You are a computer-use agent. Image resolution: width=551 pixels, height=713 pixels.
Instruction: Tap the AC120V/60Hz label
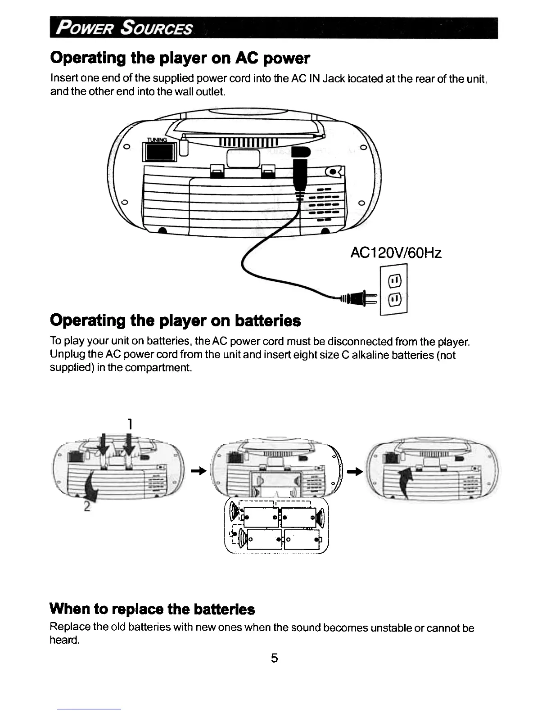pos(396,253)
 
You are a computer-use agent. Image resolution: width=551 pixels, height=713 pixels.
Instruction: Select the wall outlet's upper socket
pos(394,282)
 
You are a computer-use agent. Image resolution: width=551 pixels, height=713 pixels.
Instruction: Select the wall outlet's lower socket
pos(394,299)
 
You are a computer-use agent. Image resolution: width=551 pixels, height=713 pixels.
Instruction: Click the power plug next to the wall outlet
pos(360,297)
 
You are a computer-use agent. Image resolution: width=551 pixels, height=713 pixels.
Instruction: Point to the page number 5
pos(275,658)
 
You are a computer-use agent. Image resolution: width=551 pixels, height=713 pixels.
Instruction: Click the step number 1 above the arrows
pos(129,424)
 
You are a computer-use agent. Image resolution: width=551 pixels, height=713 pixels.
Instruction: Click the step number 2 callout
pos(87,506)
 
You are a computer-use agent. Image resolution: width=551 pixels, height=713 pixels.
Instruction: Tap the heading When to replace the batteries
pos(152,609)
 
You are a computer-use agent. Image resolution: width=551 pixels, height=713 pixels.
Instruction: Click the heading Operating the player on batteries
pos(175,320)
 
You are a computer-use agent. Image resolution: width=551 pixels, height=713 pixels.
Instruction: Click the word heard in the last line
pos(64,640)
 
